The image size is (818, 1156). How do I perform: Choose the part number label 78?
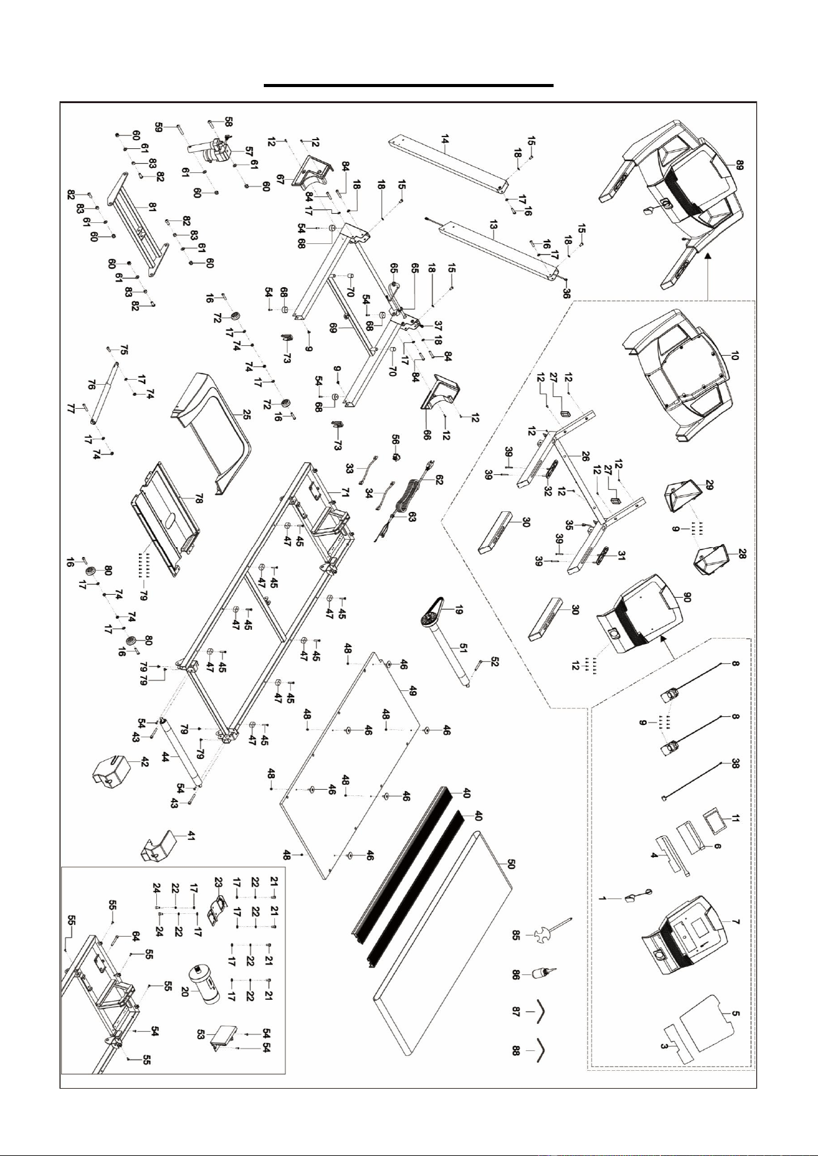pyautogui.click(x=198, y=499)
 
